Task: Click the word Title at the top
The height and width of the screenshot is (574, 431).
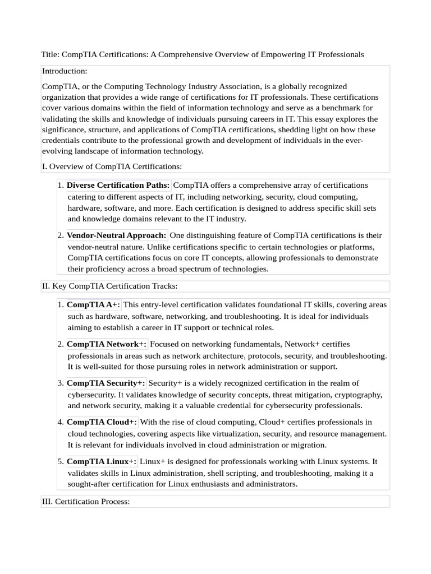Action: (x=50, y=54)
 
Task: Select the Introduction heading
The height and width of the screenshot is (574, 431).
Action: (x=65, y=71)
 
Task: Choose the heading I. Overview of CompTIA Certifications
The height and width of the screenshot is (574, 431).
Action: (x=112, y=166)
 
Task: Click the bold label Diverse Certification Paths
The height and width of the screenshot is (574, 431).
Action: (x=118, y=185)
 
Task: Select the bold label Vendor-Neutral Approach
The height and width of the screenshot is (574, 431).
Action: (x=116, y=235)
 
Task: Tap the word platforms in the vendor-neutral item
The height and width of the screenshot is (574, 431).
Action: (x=357, y=247)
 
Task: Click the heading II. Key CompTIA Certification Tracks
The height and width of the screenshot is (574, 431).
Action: (x=109, y=286)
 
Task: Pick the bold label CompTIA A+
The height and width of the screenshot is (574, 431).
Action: (x=93, y=304)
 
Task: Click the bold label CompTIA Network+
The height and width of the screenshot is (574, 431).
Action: (x=107, y=344)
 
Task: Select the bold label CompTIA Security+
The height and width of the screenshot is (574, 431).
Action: (x=106, y=383)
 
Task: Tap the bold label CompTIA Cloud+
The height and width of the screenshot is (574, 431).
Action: (x=102, y=422)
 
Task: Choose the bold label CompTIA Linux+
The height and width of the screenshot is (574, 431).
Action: (x=102, y=461)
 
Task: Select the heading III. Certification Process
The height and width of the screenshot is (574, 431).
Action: (x=86, y=501)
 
